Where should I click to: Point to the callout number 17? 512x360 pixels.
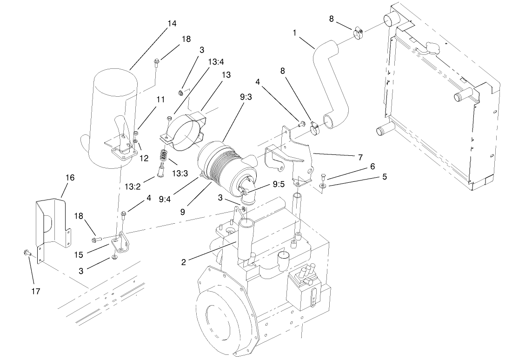point(35,291)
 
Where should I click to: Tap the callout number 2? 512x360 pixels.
point(184,262)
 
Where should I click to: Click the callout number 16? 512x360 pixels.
point(69,178)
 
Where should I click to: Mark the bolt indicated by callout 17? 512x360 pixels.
point(26,253)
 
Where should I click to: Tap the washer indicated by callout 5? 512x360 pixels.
point(322,186)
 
